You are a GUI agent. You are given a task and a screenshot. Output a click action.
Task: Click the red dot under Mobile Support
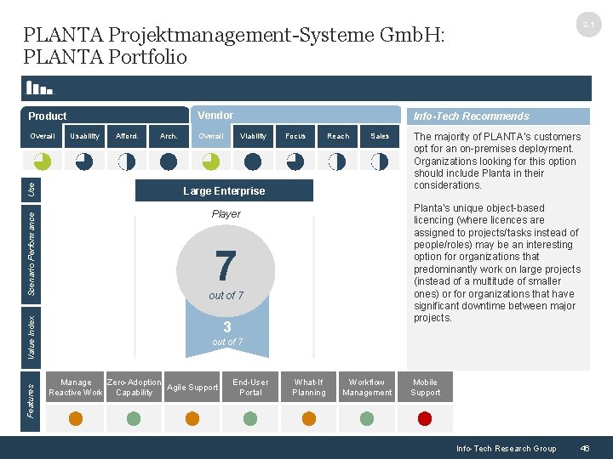click(425, 418)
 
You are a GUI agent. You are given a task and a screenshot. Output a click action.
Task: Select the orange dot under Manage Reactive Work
click(76, 418)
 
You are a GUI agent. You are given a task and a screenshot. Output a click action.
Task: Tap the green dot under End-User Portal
click(250, 418)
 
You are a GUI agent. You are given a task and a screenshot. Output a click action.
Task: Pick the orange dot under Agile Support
click(192, 418)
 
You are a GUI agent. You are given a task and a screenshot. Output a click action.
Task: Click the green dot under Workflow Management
click(367, 418)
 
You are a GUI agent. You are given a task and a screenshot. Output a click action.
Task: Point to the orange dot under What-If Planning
click(308, 418)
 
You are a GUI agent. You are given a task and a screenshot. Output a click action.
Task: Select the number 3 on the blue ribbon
click(226, 327)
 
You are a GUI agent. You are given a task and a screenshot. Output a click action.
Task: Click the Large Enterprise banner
click(224, 191)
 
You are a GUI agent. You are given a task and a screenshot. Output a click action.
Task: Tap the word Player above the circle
click(226, 214)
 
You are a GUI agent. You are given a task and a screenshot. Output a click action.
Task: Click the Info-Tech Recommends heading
click(471, 116)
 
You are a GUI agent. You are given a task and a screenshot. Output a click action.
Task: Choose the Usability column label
click(84, 136)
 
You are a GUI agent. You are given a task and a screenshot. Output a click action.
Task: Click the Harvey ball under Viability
click(253, 161)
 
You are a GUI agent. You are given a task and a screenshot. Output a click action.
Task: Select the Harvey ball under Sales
click(380, 161)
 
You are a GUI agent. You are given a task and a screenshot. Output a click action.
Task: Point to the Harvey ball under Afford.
click(127, 161)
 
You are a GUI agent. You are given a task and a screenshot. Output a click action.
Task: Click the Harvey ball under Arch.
click(169, 161)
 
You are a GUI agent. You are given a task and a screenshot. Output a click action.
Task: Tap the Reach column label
click(338, 136)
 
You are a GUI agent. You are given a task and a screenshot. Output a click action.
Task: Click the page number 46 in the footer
click(584, 448)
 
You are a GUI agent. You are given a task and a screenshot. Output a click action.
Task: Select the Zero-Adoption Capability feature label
click(134, 388)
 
